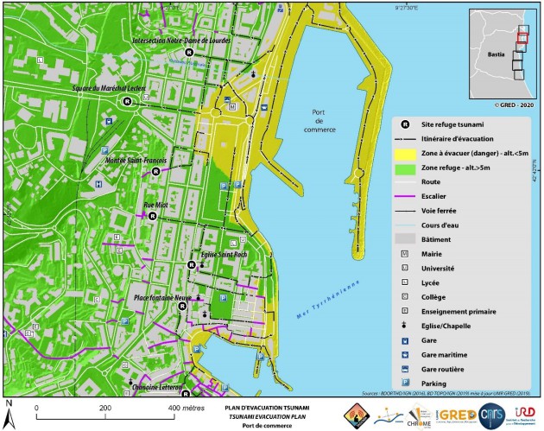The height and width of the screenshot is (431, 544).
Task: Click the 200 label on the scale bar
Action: click(105, 408)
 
